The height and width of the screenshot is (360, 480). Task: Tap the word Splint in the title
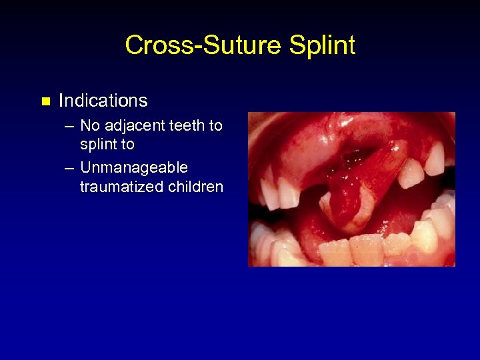tap(322, 45)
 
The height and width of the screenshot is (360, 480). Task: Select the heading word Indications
tap(103, 101)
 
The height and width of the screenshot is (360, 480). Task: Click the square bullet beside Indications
tap(45, 101)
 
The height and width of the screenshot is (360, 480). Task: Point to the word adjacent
tap(137, 125)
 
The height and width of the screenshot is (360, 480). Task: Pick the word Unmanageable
tap(134, 167)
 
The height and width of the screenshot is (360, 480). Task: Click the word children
tap(195, 187)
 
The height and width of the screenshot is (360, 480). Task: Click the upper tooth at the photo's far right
tap(435, 160)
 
